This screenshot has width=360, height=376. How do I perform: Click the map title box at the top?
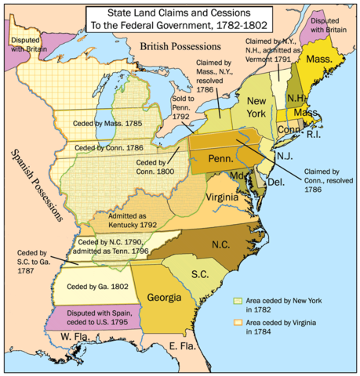coord(180,17)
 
